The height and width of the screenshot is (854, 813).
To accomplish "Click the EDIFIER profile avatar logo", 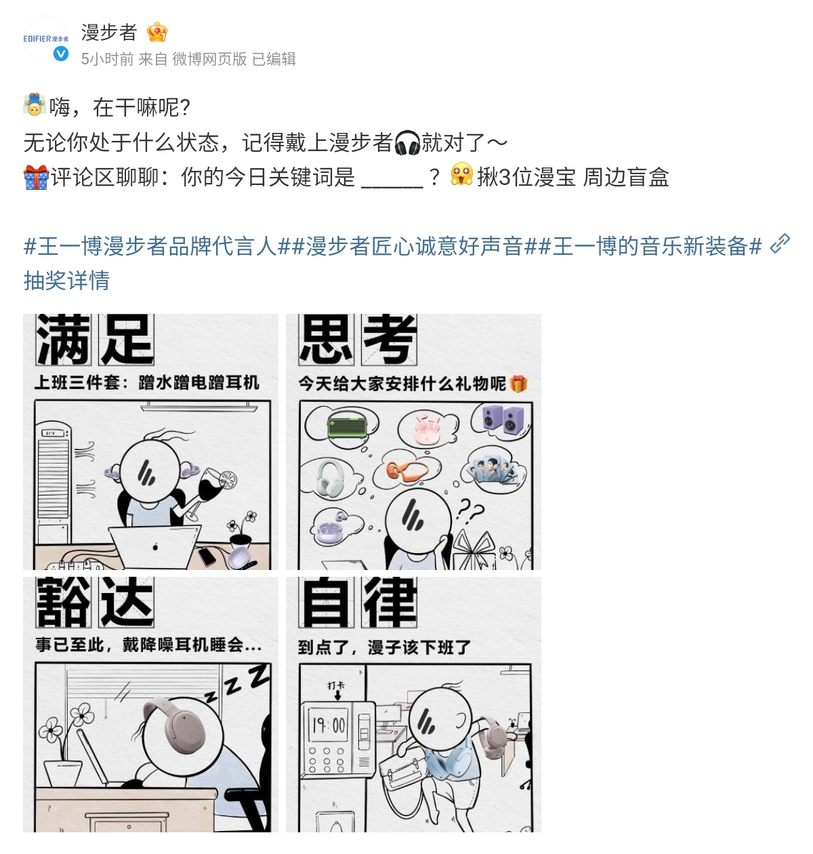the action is click(x=45, y=39).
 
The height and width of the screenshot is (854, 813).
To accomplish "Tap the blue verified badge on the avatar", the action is click(x=61, y=54).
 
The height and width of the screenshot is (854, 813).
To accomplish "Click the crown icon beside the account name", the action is click(x=157, y=32).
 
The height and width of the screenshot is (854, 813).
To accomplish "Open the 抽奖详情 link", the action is click(x=66, y=280).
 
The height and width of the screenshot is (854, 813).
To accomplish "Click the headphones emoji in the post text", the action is click(x=407, y=143).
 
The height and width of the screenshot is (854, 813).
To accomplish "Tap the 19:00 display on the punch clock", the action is click(x=329, y=725).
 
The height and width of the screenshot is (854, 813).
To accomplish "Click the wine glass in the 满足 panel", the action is click(x=213, y=489).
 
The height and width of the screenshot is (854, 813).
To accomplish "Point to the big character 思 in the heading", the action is click(x=326, y=340).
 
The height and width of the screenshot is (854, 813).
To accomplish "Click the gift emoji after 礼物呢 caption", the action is click(x=518, y=384).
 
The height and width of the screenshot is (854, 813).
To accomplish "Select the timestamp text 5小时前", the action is click(x=107, y=59).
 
